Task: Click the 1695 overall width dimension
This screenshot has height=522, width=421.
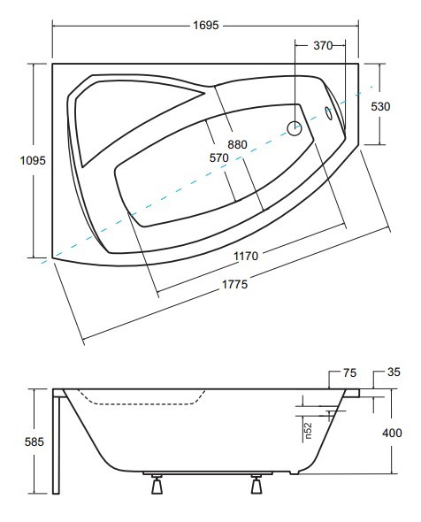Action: (206, 26)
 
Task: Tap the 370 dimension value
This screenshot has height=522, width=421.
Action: (323, 45)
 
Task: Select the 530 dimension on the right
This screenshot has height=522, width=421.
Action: (380, 106)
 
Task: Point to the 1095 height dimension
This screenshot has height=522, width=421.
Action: (33, 160)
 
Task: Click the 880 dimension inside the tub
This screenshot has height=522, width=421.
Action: (237, 144)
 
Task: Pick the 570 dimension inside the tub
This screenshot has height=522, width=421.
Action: (219, 157)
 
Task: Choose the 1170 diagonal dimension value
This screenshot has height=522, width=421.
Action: (246, 256)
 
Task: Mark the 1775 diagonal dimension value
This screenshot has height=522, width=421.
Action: (235, 284)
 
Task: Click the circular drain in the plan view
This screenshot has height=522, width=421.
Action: (295, 128)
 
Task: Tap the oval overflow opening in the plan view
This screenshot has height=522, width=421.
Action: (328, 113)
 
